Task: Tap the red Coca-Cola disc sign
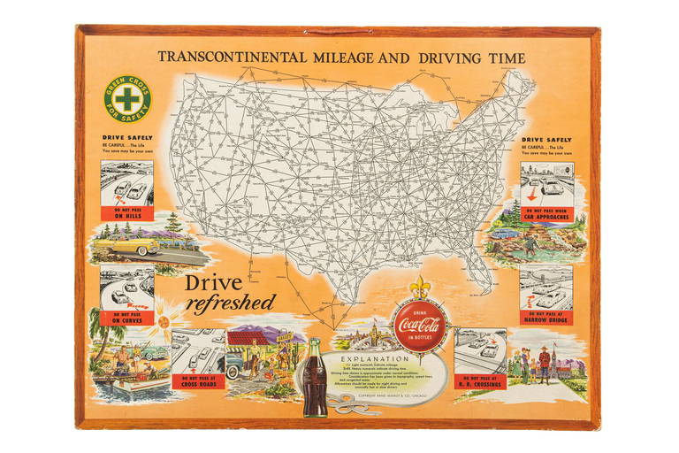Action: (x=420, y=326)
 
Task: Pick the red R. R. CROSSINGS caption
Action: (x=480, y=383)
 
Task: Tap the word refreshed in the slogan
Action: (x=232, y=303)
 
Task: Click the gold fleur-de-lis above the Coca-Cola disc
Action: (x=420, y=288)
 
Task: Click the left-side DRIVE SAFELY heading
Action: (x=127, y=139)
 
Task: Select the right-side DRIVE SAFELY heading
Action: (x=545, y=139)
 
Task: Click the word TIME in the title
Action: (x=505, y=58)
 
